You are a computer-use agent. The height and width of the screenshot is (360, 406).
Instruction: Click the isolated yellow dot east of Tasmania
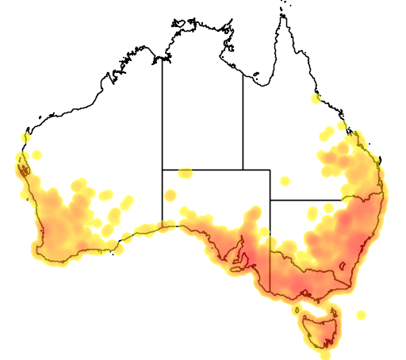point(361,315)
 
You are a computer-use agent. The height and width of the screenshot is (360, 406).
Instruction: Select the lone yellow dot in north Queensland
point(316,99)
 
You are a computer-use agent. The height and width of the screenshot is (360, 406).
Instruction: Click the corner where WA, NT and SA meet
point(163,169)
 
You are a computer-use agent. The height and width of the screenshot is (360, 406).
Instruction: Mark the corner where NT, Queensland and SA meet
point(243,169)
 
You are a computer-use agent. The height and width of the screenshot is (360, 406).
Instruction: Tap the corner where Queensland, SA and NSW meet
point(270,200)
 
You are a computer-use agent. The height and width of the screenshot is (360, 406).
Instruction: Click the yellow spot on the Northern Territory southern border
point(185,172)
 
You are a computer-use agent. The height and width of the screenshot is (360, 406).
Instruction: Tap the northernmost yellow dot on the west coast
point(26,137)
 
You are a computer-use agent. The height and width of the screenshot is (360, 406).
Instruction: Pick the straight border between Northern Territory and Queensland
point(243,119)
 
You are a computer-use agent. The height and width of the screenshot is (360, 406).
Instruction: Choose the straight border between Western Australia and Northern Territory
point(163,111)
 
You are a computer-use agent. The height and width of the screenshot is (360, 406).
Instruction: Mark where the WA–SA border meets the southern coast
point(163,224)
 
